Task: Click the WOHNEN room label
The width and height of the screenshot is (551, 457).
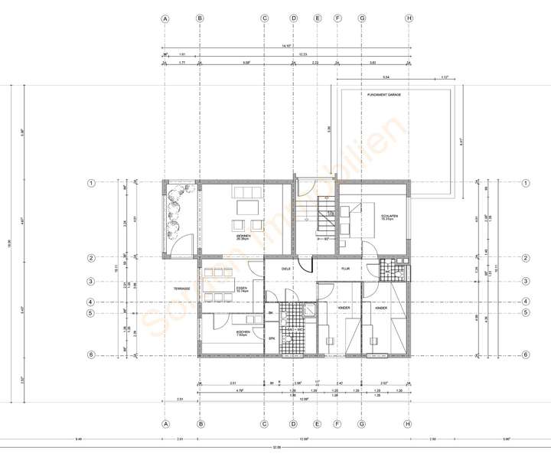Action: click(x=243, y=237)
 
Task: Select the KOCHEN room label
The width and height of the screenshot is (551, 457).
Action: click(x=243, y=331)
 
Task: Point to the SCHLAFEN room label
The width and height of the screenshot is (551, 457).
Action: click(x=388, y=217)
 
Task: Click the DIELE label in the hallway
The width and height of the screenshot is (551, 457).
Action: click(x=286, y=269)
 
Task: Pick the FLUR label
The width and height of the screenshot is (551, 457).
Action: click(x=345, y=269)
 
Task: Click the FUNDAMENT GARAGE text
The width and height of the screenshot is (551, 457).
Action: click(x=384, y=94)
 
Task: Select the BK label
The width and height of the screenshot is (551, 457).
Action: click(x=271, y=313)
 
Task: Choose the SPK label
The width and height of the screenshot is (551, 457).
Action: click(x=271, y=338)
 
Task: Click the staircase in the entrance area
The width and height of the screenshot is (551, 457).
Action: click(x=328, y=217)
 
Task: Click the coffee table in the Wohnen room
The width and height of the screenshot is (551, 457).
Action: click(x=246, y=207)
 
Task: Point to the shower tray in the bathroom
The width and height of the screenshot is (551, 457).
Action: click(x=311, y=310)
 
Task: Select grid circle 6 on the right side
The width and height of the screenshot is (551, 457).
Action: click(x=525, y=355)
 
